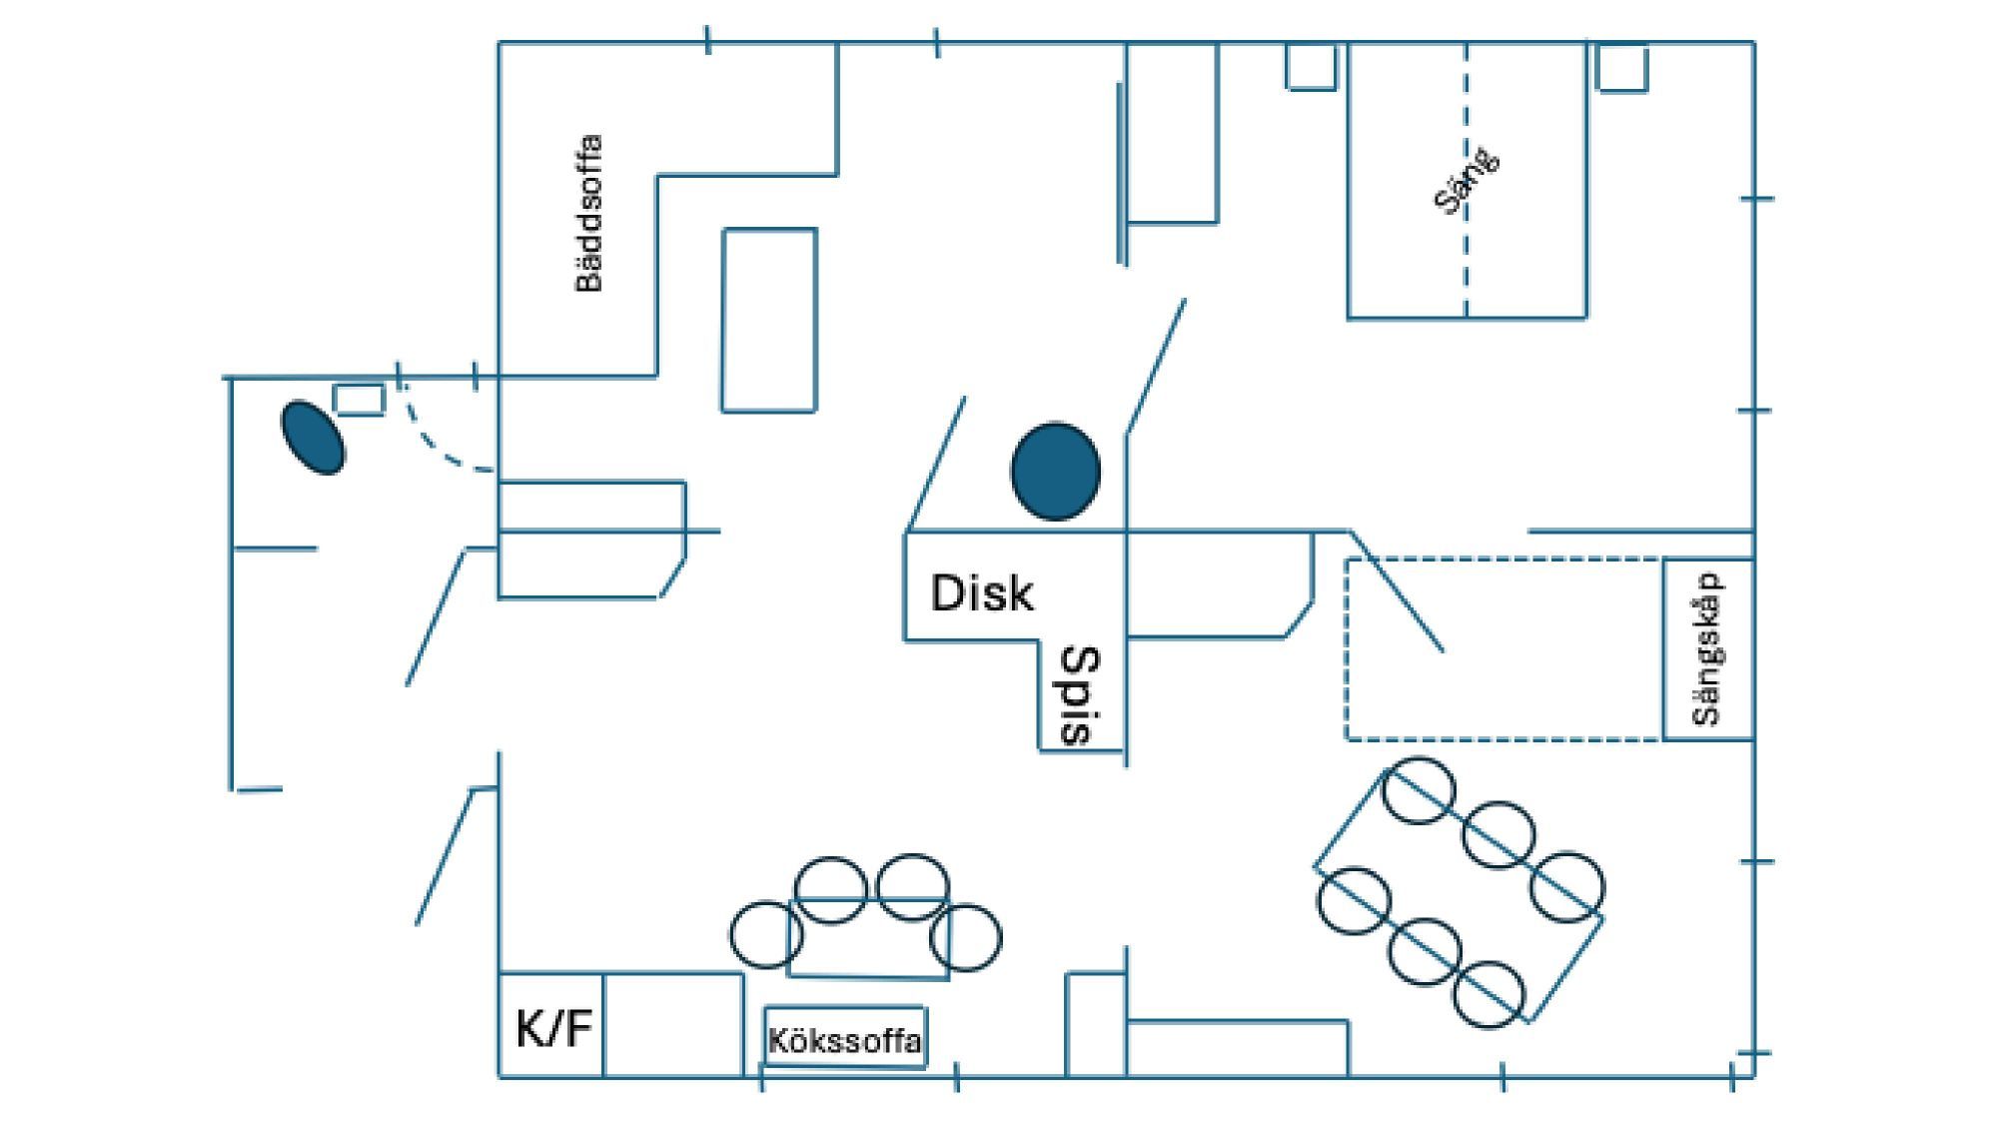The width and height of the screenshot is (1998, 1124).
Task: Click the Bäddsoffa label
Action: point(589,213)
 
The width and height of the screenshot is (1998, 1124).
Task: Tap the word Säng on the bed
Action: point(1468,181)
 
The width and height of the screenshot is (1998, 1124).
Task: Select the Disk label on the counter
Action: point(982,592)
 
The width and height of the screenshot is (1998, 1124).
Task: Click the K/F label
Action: point(554,1028)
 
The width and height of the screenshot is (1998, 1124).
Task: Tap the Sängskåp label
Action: point(1709,648)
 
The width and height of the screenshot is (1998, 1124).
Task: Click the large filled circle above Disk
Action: point(1056,472)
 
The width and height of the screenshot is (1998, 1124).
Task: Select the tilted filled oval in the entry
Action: point(313,437)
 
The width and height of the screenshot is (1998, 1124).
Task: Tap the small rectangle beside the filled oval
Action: point(359,399)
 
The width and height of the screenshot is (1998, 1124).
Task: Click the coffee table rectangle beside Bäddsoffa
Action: point(769,320)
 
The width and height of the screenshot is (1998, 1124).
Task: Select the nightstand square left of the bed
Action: point(1311,66)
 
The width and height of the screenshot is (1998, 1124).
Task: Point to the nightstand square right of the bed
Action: point(1621,67)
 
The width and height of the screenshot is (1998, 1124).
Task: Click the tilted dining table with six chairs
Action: point(1460,891)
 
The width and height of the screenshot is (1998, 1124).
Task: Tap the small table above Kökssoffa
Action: point(868,937)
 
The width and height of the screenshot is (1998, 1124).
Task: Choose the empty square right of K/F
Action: point(673,1024)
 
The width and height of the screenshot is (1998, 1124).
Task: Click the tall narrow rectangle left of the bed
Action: point(1173,133)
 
